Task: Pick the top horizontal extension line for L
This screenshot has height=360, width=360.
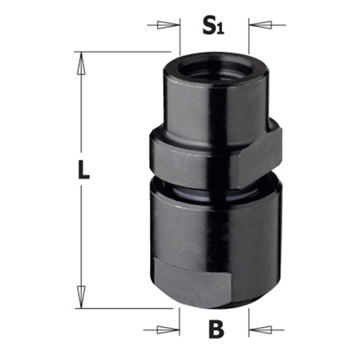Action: click(x=121, y=52)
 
